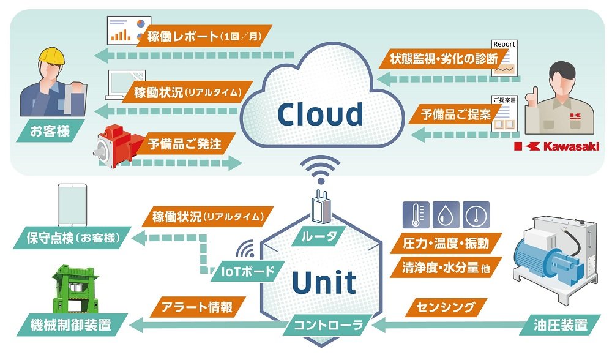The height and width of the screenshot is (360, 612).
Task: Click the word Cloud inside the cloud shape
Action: pos(320,114)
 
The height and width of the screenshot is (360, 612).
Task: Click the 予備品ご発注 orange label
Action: pos(184,145)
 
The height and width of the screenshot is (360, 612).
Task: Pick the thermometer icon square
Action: pos(416,215)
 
